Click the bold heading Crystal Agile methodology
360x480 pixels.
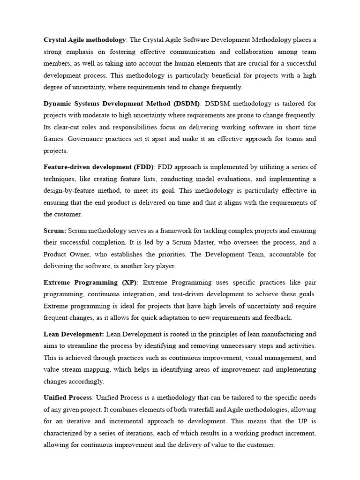click(x=84, y=39)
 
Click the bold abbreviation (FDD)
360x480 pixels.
click(x=143, y=167)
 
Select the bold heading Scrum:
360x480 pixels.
click(x=55, y=231)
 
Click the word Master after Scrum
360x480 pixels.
click(x=202, y=242)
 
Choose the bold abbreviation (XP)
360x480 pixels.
click(x=128, y=282)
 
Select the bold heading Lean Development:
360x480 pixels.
click(x=74, y=334)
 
